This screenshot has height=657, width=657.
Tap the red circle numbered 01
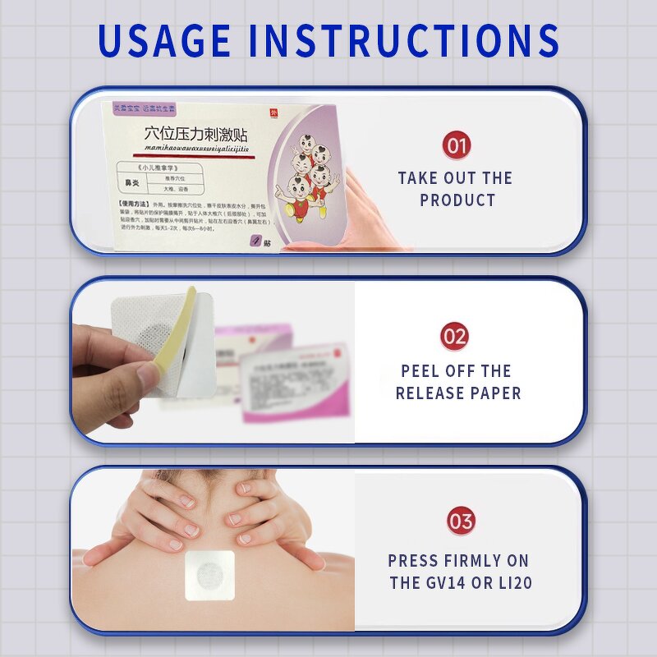[457, 145]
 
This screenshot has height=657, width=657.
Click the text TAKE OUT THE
[455, 178]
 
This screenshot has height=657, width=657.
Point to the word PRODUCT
[457, 200]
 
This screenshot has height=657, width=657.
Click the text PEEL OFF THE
[456, 371]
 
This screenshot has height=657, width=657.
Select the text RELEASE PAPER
[458, 393]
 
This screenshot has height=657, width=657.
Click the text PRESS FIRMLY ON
[458, 561]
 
